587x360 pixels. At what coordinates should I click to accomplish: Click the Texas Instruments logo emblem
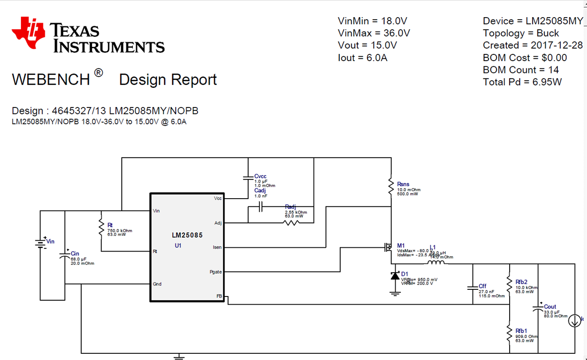tap(29, 33)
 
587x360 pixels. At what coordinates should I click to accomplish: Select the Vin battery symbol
tap(40, 243)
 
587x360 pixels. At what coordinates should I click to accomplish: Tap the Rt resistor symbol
tap(101, 227)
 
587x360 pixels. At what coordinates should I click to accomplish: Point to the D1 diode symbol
tap(395, 276)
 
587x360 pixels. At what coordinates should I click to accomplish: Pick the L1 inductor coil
tap(435, 262)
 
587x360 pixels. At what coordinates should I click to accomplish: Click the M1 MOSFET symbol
tap(387, 247)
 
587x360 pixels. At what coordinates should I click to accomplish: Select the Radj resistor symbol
tap(291, 222)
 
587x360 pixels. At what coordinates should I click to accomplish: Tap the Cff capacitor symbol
tap(472, 287)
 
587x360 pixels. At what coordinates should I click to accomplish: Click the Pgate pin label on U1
tap(216, 272)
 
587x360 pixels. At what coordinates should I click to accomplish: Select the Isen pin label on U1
tap(217, 247)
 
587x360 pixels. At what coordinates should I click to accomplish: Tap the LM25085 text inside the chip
tap(187, 235)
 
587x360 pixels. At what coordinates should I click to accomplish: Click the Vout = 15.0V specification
tap(367, 45)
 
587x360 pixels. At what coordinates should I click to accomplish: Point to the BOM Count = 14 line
tap(521, 70)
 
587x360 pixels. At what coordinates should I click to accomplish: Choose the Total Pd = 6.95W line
tap(522, 82)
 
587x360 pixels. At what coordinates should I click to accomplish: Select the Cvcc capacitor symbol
tap(248, 178)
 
